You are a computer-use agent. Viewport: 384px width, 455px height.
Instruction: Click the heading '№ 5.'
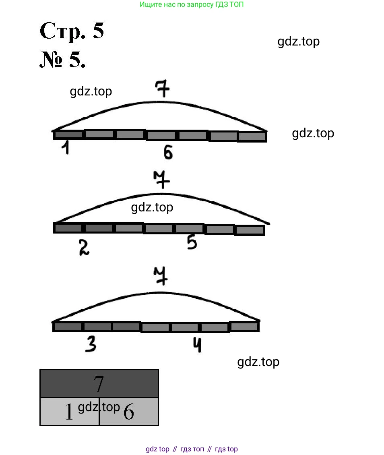[x=62, y=60]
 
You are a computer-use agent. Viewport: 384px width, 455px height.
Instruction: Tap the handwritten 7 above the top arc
[x=162, y=89]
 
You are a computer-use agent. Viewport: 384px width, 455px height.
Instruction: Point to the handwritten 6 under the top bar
[x=168, y=153]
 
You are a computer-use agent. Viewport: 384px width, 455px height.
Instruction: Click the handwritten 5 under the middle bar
[x=192, y=242]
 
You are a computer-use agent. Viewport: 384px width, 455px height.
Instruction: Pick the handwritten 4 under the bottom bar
[x=196, y=345]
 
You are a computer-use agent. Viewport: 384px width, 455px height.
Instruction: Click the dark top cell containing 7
[x=99, y=383]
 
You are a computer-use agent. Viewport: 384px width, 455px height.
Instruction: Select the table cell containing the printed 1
[x=69, y=412]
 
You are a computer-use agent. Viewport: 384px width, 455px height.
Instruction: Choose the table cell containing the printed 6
[x=129, y=412]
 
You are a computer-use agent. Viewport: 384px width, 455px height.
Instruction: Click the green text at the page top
[x=192, y=5]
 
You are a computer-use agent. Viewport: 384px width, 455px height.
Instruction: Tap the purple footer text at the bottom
[x=192, y=449]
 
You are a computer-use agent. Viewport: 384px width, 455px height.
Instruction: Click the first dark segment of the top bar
[x=68, y=135]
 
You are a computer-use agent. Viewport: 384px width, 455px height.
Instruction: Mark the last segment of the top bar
[x=252, y=137]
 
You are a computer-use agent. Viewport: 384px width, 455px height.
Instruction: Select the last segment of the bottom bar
[x=244, y=326]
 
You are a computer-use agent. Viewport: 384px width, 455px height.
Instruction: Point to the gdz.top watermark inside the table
[x=99, y=407]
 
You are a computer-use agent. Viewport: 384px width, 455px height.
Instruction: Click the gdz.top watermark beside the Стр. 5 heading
[x=298, y=41]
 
